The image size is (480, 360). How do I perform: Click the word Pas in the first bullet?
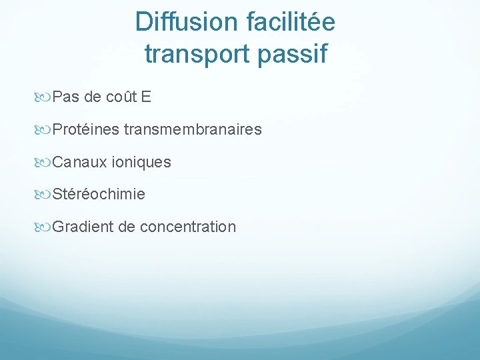[x=65, y=97]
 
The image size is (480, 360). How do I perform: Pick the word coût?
[x=121, y=97]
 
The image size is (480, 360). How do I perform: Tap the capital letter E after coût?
[x=147, y=97]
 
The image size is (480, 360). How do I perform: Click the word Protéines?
[x=85, y=129]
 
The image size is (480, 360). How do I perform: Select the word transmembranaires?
[x=193, y=129]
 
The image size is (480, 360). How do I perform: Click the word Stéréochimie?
[x=99, y=195]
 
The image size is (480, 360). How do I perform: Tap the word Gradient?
[x=82, y=227]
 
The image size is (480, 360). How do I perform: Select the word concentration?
[x=188, y=227]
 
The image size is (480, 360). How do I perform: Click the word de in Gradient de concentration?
[x=126, y=227]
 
